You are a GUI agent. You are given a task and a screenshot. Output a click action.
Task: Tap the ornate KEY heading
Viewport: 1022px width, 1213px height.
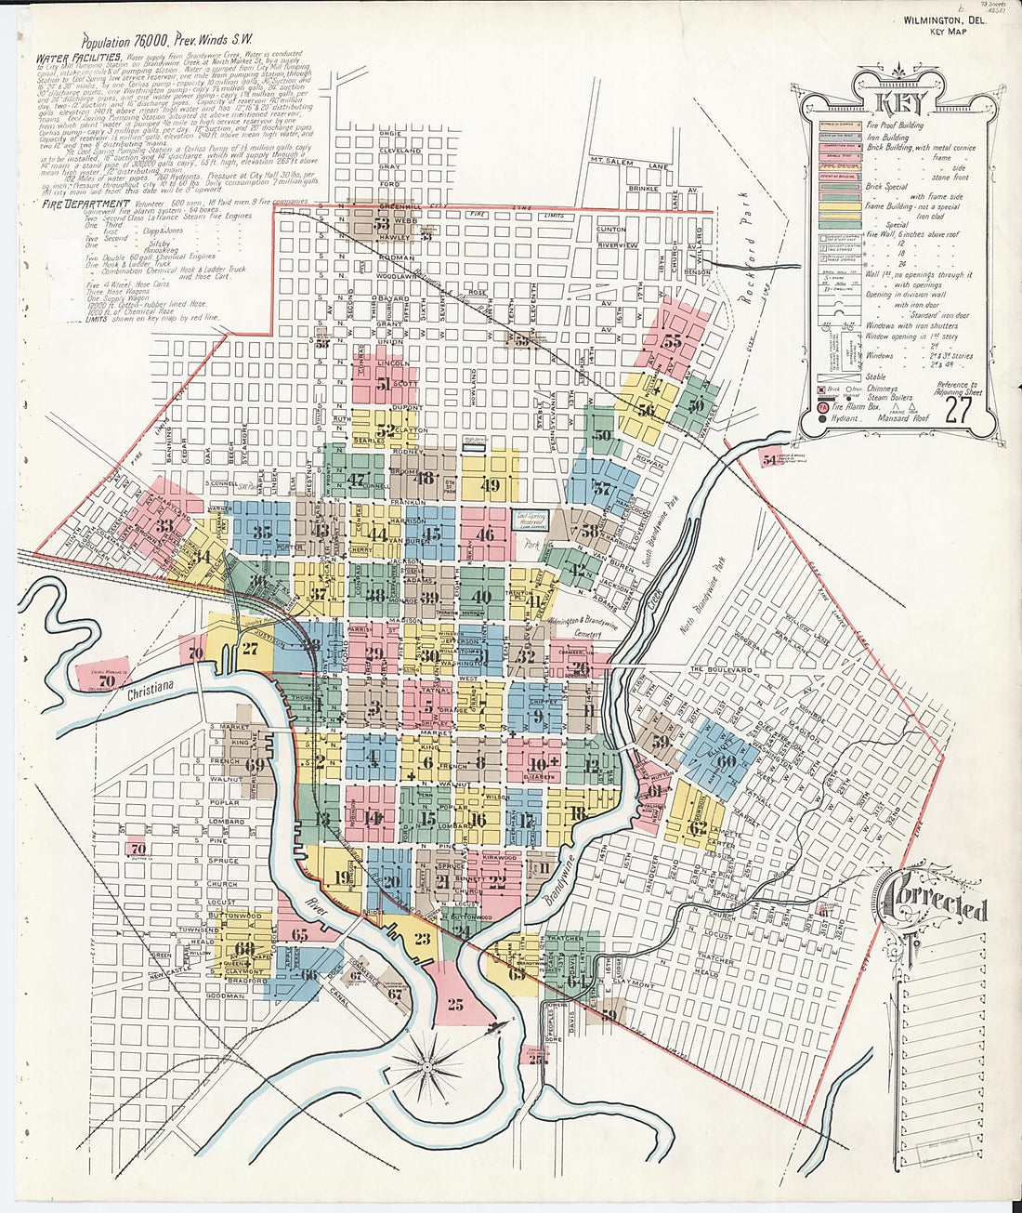pos(898,101)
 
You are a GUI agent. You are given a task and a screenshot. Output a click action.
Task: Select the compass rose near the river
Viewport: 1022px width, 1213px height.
pos(426,1068)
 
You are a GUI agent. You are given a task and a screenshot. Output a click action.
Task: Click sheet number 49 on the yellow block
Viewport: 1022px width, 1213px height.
pos(491,484)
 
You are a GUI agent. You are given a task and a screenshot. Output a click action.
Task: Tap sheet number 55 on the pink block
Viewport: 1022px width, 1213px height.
pos(671,341)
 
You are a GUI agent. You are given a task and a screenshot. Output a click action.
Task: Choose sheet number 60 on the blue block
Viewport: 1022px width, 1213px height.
pos(725,761)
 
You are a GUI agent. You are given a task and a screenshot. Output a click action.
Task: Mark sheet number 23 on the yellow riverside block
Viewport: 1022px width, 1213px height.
pos(423,939)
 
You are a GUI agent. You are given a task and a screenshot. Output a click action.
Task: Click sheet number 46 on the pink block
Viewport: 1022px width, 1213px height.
pos(485,534)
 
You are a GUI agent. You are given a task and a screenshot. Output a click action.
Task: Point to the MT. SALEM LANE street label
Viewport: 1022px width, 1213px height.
pos(630,163)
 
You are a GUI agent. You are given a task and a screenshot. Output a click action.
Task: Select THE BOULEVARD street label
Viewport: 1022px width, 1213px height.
pos(720,669)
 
